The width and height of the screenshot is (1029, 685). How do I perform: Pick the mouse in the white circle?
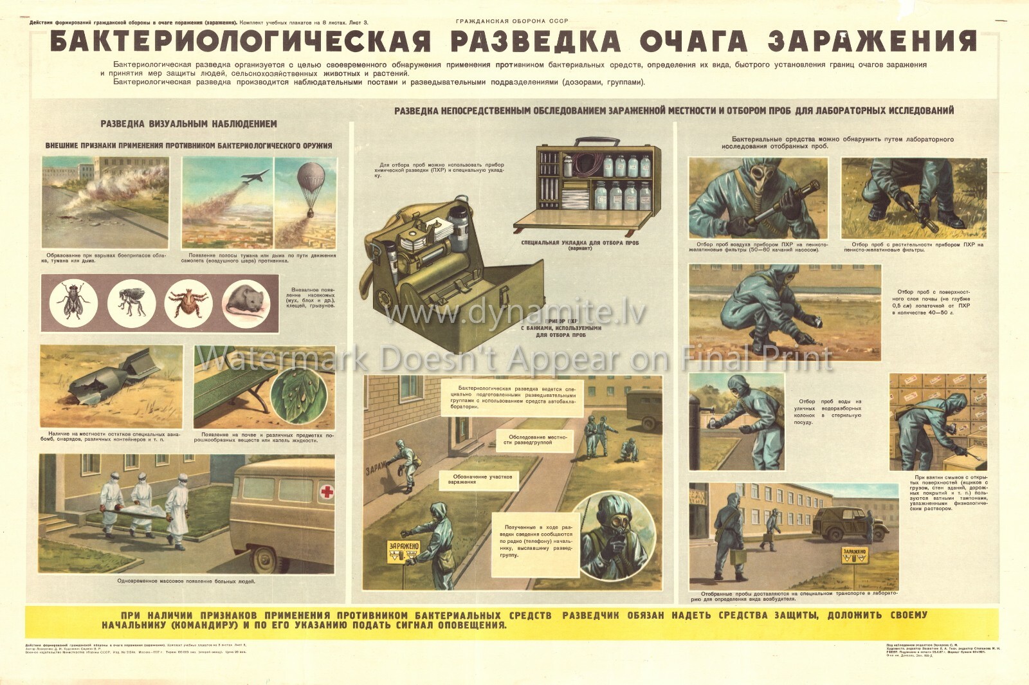coord(246,303)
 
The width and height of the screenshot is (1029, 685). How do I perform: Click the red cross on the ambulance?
coord(327,492)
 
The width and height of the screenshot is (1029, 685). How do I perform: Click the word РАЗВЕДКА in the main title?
coord(535,41)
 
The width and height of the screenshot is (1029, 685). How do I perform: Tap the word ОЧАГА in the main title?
coord(694,41)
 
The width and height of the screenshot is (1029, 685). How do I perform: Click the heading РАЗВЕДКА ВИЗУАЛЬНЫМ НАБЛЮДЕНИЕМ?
coord(188,123)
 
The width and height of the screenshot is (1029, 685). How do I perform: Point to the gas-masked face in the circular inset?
coord(616,530)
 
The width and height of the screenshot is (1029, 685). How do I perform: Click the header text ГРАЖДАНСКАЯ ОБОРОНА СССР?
coord(512,21)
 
